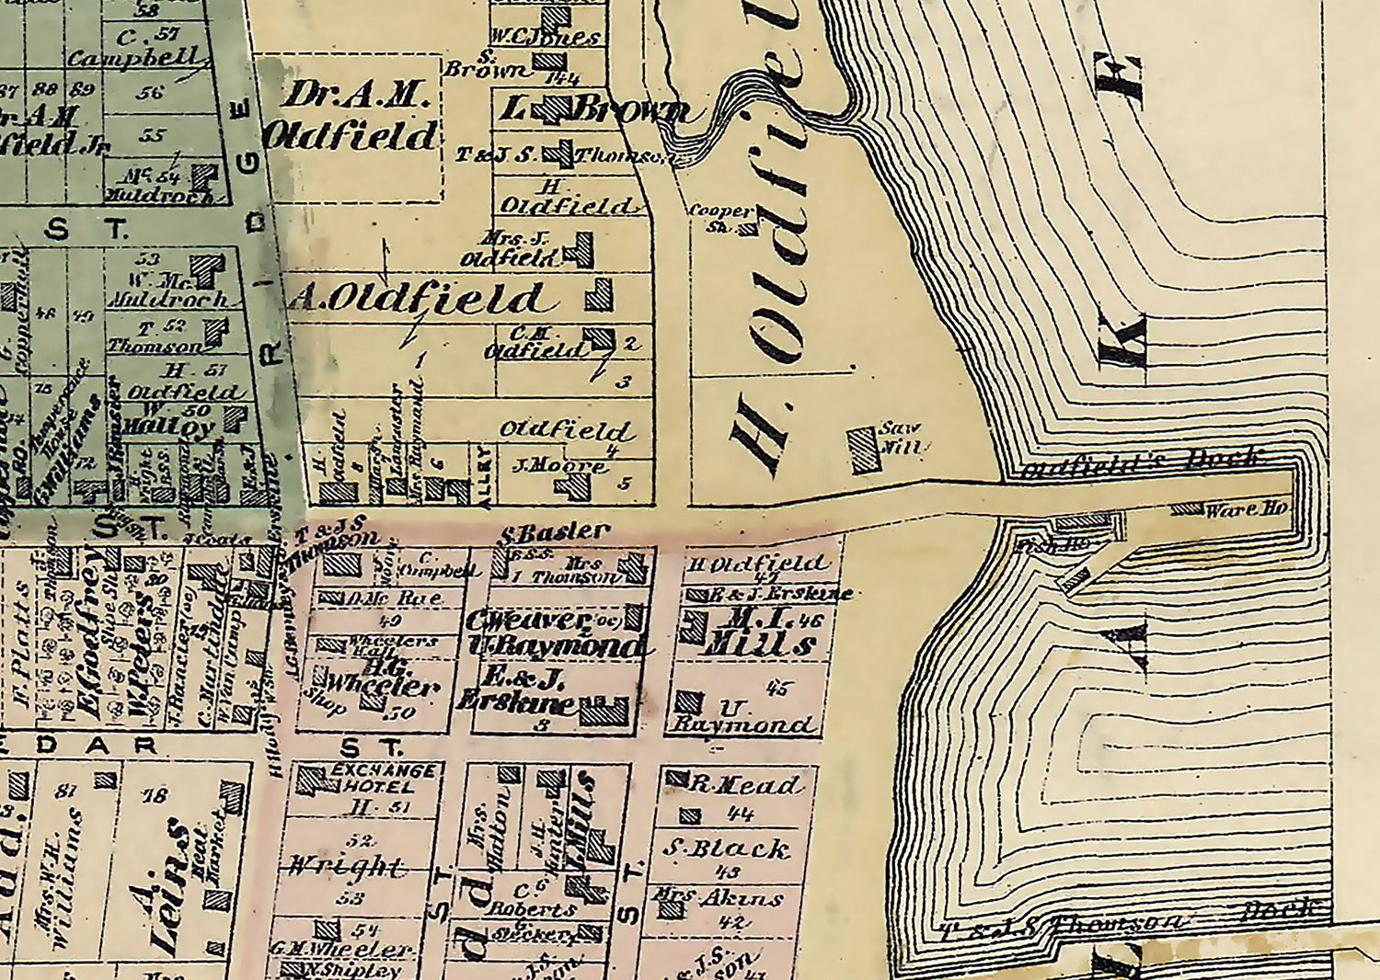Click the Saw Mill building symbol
point(864,450)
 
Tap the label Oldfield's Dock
point(1141,462)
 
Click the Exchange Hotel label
point(380,779)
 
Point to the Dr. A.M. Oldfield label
point(351,117)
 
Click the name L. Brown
point(593,110)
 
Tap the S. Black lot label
point(726,849)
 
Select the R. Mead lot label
point(745,784)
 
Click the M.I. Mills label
point(759,632)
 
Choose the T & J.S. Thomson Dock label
point(1067,922)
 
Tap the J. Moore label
point(558,466)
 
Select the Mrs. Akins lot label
point(718,897)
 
